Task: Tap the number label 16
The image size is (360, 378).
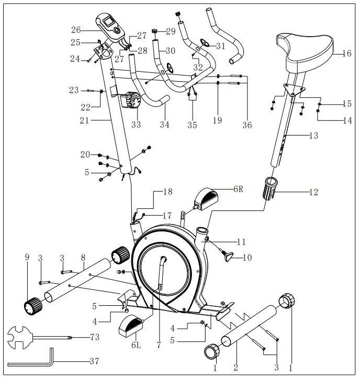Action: tap(346, 53)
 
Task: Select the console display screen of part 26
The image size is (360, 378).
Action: tap(109, 22)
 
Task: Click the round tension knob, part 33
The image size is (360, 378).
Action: tap(133, 101)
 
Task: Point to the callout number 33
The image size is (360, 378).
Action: tap(136, 125)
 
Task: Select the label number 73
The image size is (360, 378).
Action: tap(94, 337)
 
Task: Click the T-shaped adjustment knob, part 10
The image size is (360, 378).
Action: tap(229, 256)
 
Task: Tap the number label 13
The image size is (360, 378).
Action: tap(313, 136)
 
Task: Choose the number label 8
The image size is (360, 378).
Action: tap(83, 257)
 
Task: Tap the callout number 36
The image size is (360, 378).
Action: tap(247, 125)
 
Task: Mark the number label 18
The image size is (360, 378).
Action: tap(167, 192)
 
